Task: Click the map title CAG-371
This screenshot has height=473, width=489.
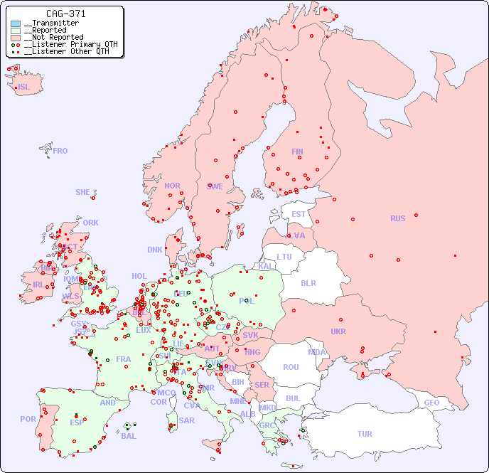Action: [66, 14]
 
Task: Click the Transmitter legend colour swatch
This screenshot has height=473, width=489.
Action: [16, 23]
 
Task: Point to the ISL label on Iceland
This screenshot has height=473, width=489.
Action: [24, 87]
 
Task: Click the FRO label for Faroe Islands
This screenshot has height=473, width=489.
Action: [60, 151]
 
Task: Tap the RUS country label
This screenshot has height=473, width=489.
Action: [397, 218]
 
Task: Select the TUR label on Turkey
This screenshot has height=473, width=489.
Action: [365, 434]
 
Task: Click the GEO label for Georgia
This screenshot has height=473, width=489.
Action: [431, 403]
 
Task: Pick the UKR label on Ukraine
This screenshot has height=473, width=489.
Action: [338, 331]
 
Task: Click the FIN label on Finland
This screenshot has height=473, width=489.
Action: [297, 152]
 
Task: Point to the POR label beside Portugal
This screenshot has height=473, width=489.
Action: [28, 419]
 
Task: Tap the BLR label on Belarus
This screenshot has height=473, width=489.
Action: [308, 282]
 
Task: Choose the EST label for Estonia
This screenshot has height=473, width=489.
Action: [299, 214]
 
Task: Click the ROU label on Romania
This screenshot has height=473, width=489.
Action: [291, 367]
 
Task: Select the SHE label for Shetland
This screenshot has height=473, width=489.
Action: [83, 192]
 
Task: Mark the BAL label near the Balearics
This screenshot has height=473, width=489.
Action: [128, 436]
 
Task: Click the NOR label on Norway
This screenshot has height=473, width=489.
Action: [172, 186]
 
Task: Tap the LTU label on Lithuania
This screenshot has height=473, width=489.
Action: [284, 257]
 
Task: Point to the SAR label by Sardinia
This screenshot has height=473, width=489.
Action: [186, 420]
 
